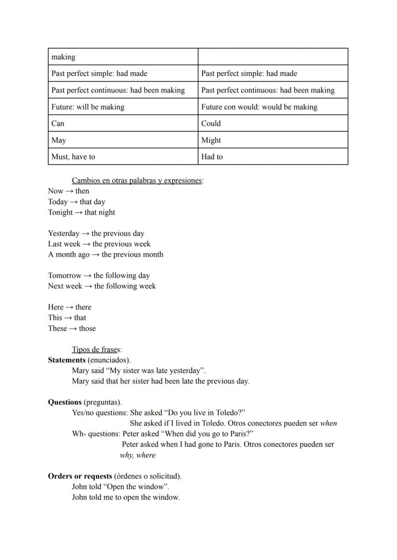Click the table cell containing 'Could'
point(272,123)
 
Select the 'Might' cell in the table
point(272,140)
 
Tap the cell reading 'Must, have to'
point(123,157)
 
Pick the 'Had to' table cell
point(272,157)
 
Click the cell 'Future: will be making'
point(123,107)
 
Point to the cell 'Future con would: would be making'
point(272,107)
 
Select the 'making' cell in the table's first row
point(123,57)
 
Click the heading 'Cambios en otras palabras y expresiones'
point(137,181)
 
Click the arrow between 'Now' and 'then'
point(69,191)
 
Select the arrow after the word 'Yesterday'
point(85,233)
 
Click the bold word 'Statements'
point(67,360)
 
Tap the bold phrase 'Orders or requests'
point(80,476)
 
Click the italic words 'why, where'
point(138,455)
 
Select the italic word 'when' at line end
point(328,423)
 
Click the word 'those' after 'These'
point(87,328)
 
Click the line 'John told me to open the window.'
point(126,497)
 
